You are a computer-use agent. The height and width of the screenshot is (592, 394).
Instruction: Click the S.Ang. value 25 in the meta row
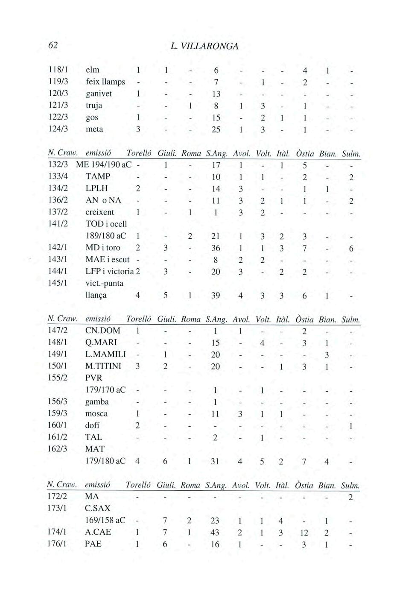pos(216,129)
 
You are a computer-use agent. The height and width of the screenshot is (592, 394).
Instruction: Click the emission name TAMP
pos(98,176)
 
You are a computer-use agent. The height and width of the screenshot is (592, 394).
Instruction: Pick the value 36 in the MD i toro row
pos(216,248)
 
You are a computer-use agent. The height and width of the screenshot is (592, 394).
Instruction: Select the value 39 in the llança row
pos(216,295)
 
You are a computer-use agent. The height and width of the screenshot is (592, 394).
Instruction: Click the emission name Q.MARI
pos(101,343)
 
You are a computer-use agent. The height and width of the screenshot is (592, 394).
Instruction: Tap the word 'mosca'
pos(96,413)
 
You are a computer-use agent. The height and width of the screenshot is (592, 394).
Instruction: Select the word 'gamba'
pos(97,402)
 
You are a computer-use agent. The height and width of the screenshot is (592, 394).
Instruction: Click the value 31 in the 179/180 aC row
pos(216,461)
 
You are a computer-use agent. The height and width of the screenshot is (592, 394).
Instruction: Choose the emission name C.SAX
pos(98,509)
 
